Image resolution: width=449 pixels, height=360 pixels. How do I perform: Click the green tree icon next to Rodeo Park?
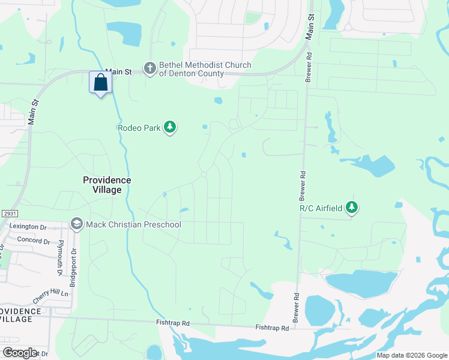(170, 127)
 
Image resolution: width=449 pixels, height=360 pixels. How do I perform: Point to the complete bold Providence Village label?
(106, 185)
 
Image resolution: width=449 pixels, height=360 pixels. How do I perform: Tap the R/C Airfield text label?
(321, 208)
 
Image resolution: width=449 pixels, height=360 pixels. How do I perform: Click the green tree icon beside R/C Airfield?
(352, 208)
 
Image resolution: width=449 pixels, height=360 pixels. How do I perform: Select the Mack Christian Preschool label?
(133, 224)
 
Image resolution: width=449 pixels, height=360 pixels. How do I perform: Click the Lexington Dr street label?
(28, 227)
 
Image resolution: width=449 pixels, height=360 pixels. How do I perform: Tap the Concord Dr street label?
(34, 241)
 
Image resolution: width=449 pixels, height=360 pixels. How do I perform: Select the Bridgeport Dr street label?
(73, 268)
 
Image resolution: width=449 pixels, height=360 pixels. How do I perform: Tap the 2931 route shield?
(9, 214)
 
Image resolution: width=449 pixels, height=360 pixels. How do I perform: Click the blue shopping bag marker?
(100, 82)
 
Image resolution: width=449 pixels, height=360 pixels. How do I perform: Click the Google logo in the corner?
(20, 352)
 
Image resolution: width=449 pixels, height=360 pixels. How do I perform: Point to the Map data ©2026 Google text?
(412, 355)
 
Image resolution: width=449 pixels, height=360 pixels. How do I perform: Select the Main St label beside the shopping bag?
(118, 71)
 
